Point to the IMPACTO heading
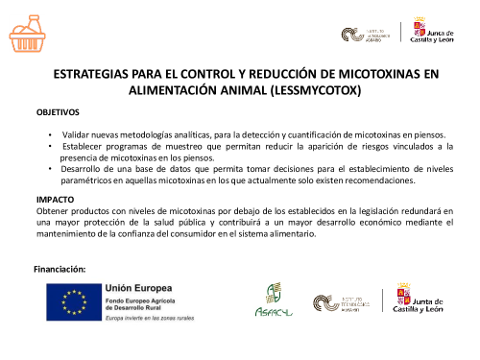point(54,198)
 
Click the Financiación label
point(60,269)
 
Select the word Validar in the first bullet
point(79,134)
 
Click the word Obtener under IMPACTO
point(54,209)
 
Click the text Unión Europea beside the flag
point(139,287)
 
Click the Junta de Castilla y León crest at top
point(420,31)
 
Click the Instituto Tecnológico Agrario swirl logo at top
point(351,35)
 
